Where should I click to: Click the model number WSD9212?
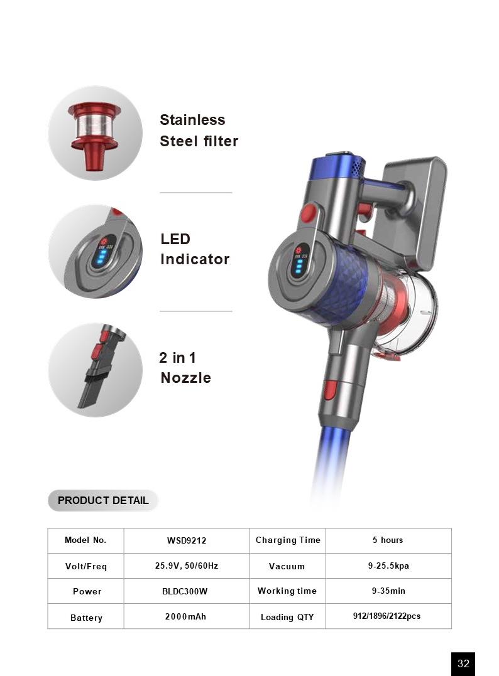click(187, 540)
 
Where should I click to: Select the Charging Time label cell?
click(288, 540)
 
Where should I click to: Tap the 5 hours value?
click(388, 540)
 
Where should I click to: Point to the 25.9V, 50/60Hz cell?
click(187, 566)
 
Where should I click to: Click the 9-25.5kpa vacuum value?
click(388, 566)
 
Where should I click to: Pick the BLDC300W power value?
click(185, 591)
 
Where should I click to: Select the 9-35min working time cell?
click(388, 591)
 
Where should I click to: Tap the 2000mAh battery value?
click(185, 616)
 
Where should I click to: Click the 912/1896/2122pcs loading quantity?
click(387, 616)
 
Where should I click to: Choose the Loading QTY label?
click(287, 618)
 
